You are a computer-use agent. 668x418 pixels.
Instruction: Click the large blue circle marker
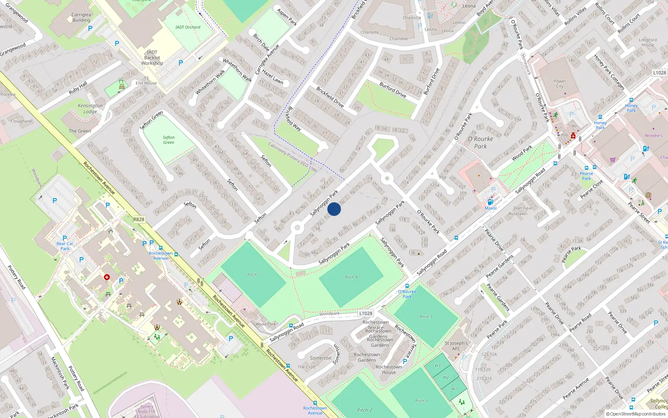pos(334,209)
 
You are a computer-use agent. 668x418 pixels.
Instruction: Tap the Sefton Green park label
pos(169,140)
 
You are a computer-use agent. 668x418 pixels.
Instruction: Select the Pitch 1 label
pos(253,275)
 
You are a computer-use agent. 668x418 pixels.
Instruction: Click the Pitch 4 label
pos(351,277)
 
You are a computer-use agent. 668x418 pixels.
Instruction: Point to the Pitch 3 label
pos(426,317)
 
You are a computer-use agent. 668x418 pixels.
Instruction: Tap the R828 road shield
pos(139,219)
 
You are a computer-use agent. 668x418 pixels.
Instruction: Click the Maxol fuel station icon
pos(491,202)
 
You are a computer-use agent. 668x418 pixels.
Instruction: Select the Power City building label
pos(559,84)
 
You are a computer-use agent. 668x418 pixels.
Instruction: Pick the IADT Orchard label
pos(188,27)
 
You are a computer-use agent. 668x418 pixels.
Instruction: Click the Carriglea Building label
pos(81,17)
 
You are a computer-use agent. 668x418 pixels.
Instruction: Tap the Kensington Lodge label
pos(90,109)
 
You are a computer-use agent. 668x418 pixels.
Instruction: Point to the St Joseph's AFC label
pos(456,346)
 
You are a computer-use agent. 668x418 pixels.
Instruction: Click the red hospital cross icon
pos(107,277)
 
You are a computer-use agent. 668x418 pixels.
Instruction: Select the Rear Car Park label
pos(65,246)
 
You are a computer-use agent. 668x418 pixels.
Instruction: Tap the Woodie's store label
pos(653,135)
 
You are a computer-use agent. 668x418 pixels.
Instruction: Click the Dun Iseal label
pos(523,208)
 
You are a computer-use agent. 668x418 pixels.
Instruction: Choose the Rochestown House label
pos(389,370)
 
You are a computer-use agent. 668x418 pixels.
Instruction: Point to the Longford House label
pos(648,42)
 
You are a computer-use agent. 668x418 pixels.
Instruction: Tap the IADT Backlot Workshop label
pos(152,58)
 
